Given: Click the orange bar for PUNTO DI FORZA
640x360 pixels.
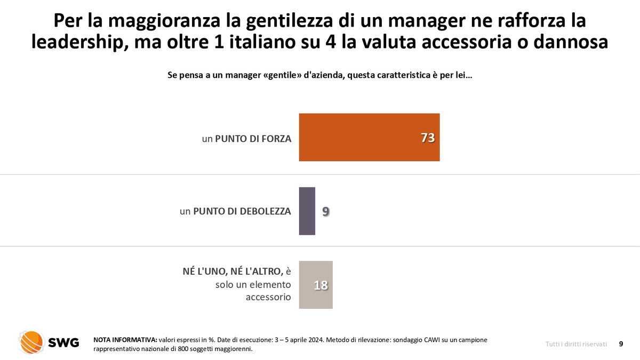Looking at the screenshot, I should pyautogui.click(x=369, y=137).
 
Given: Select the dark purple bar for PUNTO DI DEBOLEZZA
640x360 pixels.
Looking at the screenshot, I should pyautogui.click(x=307, y=211).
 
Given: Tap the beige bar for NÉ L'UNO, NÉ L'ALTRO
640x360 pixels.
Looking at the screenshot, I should pyautogui.click(x=316, y=285).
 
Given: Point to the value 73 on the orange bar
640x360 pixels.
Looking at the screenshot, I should pyautogui.click(x=428, y=138).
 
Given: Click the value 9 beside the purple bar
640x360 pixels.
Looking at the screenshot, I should pyautogui.click(x=326, y=212).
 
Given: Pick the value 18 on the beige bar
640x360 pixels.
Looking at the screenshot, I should pyautogui.click(x=321, y=285).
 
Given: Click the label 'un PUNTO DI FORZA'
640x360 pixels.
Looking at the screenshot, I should pyautogui.click(x=246, y=139).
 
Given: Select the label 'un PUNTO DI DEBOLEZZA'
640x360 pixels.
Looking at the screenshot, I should pyautogui.click(x=235, y=211).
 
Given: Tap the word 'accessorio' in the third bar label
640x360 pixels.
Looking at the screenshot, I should pyautogui.click(x=268, y=297).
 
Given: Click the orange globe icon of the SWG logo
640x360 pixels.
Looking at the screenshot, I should pyautogui.click(x=31, y=342).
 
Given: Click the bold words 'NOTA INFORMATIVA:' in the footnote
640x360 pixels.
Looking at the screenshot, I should pyautogui.click(x=125, y=340).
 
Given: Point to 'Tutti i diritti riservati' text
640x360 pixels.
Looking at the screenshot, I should pyautogui.click(x=576, y=344).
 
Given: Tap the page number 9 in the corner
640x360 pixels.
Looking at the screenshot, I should pyautogui.click(x=621, y=344).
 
